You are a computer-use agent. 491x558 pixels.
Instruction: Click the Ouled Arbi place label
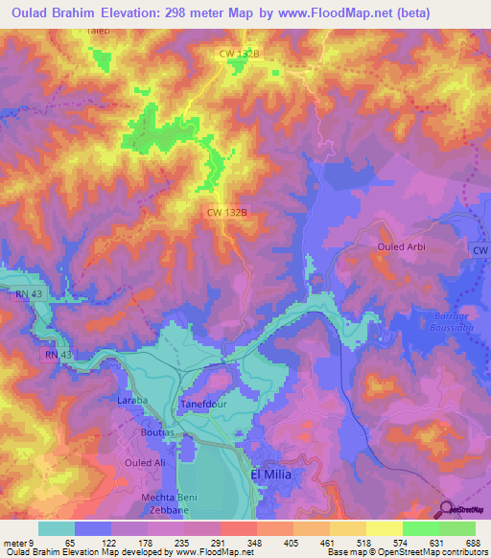click(399, 246)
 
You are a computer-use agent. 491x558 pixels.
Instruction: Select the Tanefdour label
click(202, 406)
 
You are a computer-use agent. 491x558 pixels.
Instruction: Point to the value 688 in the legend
click(470, 542)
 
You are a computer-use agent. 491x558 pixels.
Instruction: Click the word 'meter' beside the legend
click(13, 542)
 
